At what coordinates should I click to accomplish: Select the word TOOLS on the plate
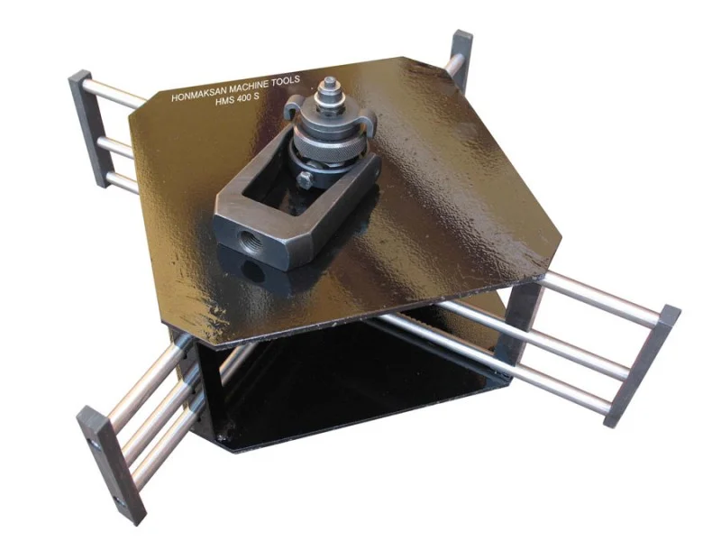(285, 80)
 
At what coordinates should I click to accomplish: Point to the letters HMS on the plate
(224, 103)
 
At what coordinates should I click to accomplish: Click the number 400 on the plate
(242, 99)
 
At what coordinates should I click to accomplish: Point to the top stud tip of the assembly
(329, 83)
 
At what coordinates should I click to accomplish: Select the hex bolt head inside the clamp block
(306, 179)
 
